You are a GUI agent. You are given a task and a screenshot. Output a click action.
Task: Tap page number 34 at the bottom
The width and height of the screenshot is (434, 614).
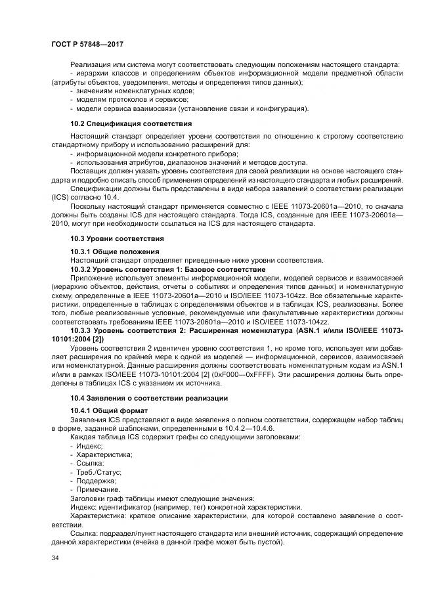(55, 558)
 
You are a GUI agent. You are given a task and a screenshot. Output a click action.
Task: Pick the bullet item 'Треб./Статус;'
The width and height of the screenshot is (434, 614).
(98, 472)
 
